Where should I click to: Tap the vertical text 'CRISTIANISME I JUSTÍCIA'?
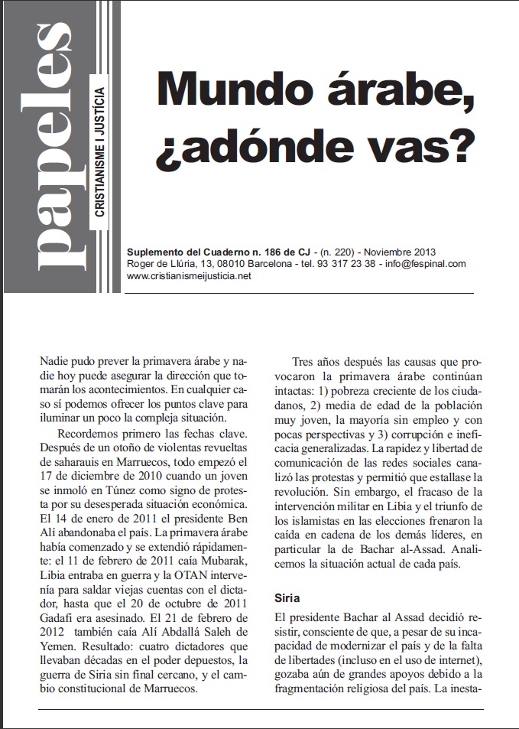[x=99, y=152]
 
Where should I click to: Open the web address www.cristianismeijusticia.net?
[x=189, y=276]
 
